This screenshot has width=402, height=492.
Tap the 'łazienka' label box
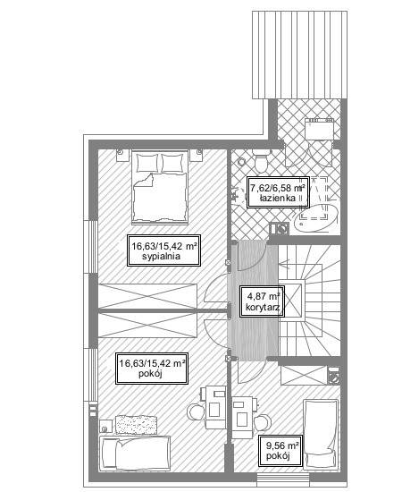[278, 192]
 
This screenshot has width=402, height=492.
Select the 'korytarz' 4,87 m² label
[263, 301]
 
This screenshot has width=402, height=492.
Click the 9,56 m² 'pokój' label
[281, 451]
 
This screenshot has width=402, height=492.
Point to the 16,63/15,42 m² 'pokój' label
[152, 368]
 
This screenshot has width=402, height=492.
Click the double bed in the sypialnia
[160, 187]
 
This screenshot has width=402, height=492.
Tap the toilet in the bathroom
[261, 160]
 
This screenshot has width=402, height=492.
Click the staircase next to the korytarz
[310, 301]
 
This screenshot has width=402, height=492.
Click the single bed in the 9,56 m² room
[321, 434]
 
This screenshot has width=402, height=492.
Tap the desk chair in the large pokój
[197, 411]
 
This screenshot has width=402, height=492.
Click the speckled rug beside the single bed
[137, 425]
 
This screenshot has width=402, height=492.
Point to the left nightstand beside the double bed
[122, 156]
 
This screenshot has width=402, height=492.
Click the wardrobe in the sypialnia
[147, 296]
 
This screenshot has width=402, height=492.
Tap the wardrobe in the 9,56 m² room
[304, 376]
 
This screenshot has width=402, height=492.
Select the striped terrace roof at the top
[299, 55]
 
